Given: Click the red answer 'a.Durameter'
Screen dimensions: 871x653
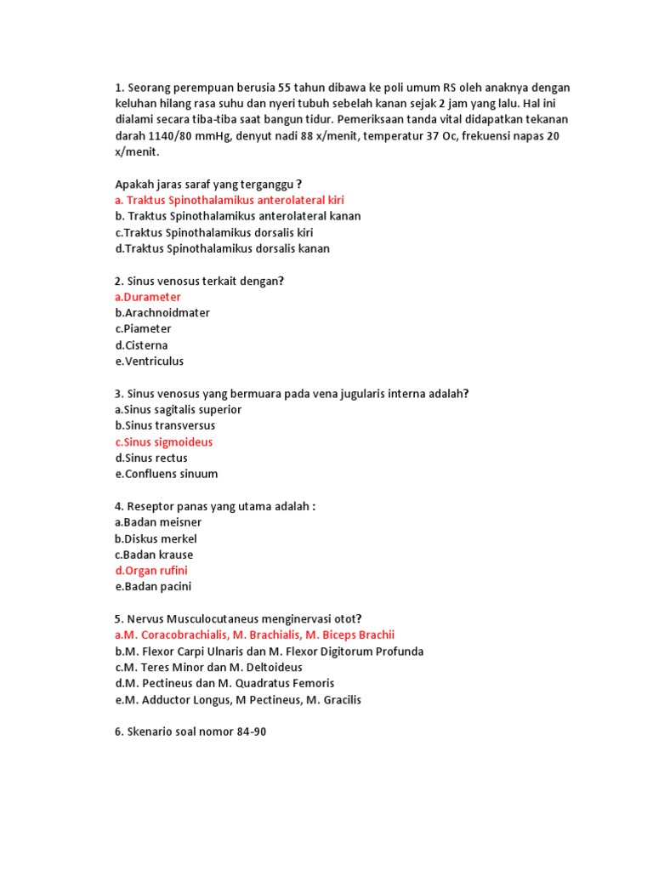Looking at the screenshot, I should click(x=147, y=297).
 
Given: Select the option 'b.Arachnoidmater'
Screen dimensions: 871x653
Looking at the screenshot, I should click(x=162, y=313).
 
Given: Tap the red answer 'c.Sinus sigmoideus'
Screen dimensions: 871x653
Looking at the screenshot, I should click(x=163, y=442).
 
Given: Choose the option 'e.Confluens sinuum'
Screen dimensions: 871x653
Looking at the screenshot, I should click(x=166, y=474).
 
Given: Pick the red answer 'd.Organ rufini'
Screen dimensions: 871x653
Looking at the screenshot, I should click(x=151, y=571).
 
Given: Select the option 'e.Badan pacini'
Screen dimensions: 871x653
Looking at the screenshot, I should click(x=153, y=587).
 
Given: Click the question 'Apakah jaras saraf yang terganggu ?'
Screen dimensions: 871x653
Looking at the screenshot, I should click(x=208, y=184).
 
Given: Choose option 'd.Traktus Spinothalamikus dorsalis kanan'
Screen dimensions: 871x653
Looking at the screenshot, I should click(x=222, y=248).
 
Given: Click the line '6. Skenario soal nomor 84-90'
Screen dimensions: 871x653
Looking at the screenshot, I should click(x=190, y=732).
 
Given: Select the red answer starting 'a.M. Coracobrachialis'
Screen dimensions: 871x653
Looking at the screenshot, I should click(x=254, y=635).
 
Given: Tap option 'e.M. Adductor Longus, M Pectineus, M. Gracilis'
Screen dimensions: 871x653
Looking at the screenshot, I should click(x=237, y=700).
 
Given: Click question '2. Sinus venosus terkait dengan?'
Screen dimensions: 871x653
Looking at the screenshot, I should click(x=199, y=281).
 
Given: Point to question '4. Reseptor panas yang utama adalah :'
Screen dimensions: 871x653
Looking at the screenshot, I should click(x=215, y=506).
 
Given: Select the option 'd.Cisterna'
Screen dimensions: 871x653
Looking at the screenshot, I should click(x=141, y=345).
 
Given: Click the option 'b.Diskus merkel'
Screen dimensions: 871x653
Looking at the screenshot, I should click(x=156, y=538).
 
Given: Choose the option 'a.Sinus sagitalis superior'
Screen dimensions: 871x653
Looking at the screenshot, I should click(x=178, y=410).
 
